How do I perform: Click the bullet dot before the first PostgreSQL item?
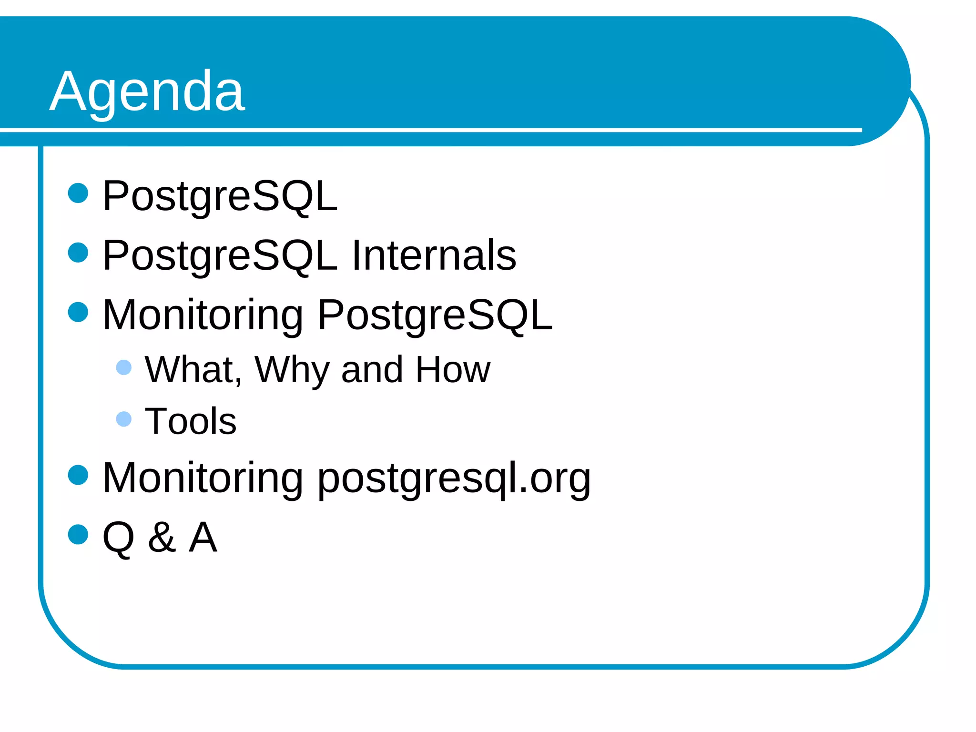78,193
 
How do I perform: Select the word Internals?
434,255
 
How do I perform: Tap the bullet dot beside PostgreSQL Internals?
78,253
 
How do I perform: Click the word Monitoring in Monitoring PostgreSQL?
203,315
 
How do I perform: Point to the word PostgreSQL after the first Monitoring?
435,315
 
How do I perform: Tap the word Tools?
190,421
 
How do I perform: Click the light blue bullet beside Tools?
124,419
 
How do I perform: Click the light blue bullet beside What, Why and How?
124,367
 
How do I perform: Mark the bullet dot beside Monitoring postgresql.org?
78,475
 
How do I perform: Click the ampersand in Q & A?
162,538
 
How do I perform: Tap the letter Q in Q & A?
118,538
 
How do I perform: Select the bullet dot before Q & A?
78,534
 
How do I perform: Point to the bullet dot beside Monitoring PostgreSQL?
78,312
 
